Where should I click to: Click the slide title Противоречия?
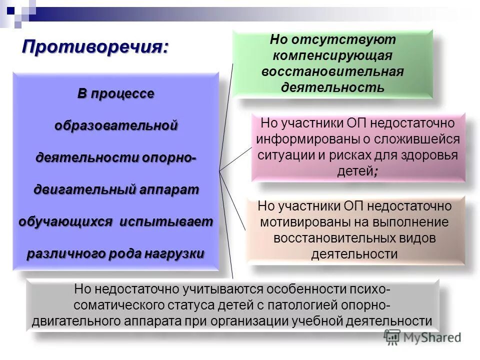click(x=95, y=47)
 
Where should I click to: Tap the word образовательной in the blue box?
click(x=116, y=125)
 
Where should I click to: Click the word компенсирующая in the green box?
click(x=332, y=55)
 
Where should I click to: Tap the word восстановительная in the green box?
click(x=332, y=71)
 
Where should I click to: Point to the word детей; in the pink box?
click(x=358, y=171)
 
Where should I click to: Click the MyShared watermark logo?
click(x=422, y=337)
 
